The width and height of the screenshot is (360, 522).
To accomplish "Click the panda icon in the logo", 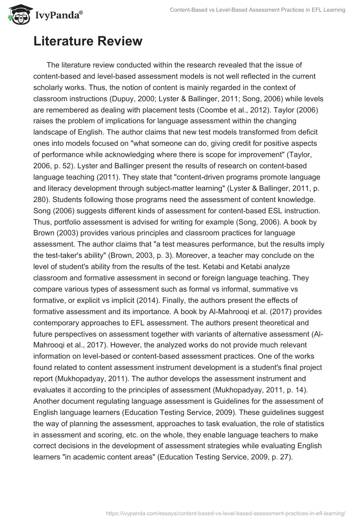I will pyautogui.click(x=17, y=14).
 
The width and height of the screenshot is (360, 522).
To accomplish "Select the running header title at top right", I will pyautogui.click(x=257, y=9).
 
